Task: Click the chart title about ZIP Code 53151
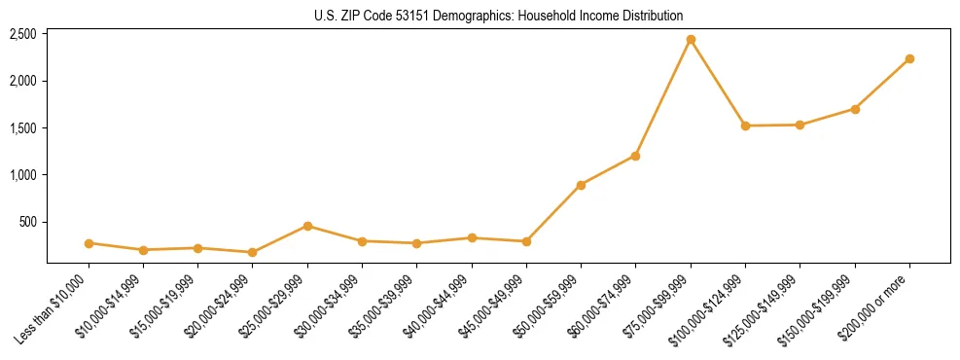point(498,16)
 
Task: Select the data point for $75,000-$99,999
point(691,40)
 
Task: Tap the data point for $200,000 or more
point(909,59)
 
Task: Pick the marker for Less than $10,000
point(89,243)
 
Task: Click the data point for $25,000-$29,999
point(307,226)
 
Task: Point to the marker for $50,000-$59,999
point(581,185)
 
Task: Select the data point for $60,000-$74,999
point(635,156)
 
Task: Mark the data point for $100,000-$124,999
point(745,126)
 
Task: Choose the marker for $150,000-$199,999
point(855,109)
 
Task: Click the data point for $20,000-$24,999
point(253,252)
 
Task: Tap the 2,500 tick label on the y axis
point(22,34)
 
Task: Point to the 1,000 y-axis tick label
point(22,175)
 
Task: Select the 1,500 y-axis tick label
point(22,128)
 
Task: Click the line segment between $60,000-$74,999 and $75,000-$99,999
point(663,97)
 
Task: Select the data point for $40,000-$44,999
point(472,237)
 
